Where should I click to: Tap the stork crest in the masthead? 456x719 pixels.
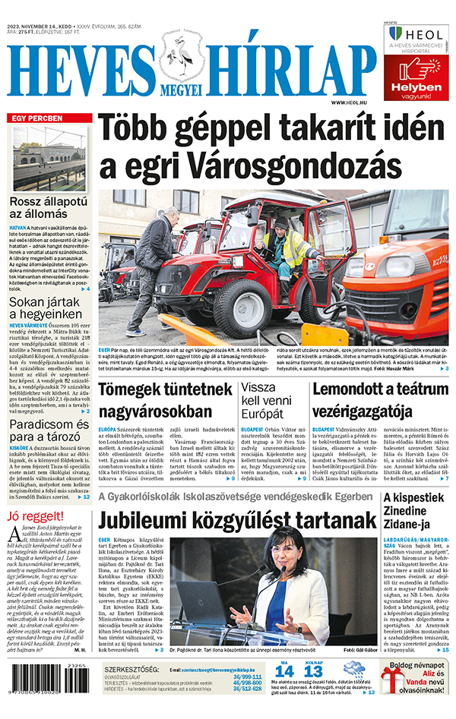[180, 58]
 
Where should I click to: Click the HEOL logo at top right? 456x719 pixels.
[416, 34]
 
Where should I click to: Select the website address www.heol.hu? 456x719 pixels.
[350, 102]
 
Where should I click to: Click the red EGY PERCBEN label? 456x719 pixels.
[36, 119]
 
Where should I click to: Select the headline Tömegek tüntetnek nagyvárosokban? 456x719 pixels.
[154, 401]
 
